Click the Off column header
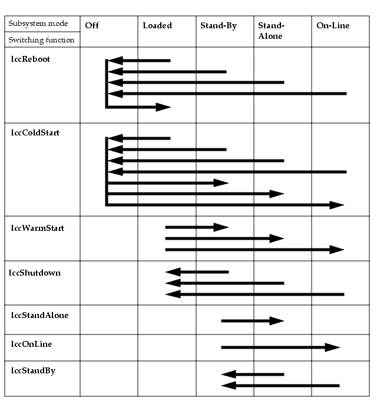pyautogui.click(x=92, y=25)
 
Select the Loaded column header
pyautogui.click(x=157, y=25)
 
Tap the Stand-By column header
pyautogui.click(x=219, y=25)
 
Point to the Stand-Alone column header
pyautogui.click(x=271, y=31)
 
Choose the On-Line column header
pyautogui.click(x=333, y=25)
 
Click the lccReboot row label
pyautogui.click(x=31, y=59)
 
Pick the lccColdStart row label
pyautogui.click(x=35, y=132)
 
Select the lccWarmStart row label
pyautogui.click(x=37, y=228)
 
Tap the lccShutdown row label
pyautogui.click(x=35, y=273)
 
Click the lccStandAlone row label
pyautogui.click(x=39, y=315)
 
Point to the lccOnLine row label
pyautogui.click(x=31, y=344)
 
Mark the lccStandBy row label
pyautogui.click(x=33, y=371)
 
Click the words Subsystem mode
pyautogui.click(x=38, y=24)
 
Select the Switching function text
pyautogui.click(x=41, y=40)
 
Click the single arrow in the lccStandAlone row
pyautogui.click(x=253, y=321)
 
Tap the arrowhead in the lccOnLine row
pyautogui.click(x=332, y=347)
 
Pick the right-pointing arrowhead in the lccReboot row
pyautogui.click(x=163, y=107)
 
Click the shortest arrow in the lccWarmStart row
pyautogui.click(x=197, y=227)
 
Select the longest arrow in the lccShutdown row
pyautogui.click(x=254, y=294)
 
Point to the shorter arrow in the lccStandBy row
pyautogui.click(x=253, y=375)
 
